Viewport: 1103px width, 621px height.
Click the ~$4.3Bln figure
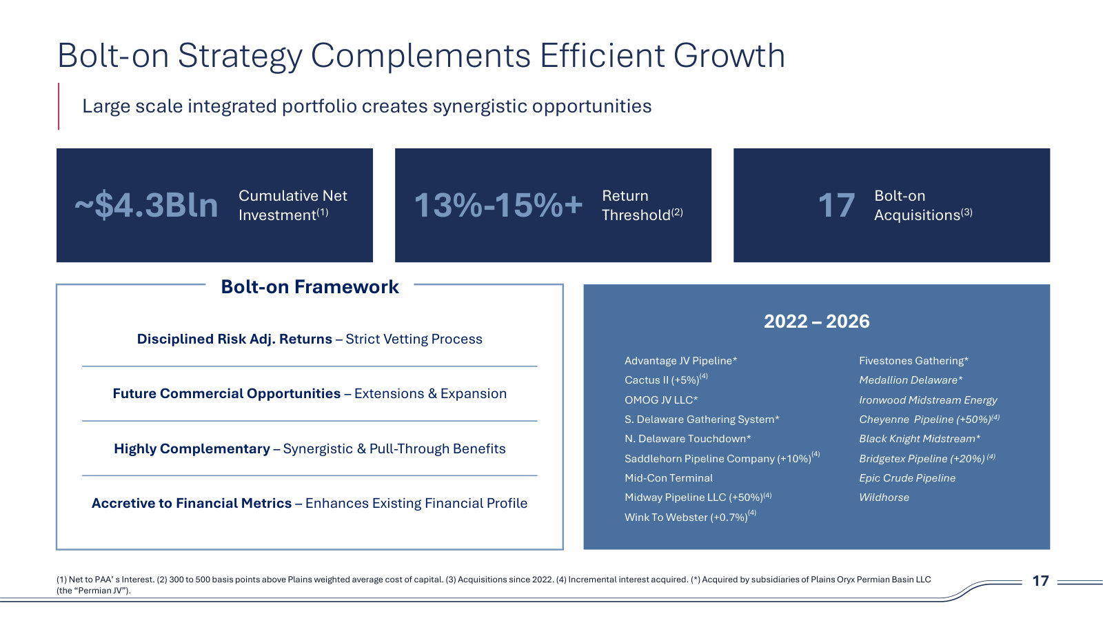pos(146,205)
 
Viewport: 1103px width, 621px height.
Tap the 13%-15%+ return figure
pos(498,205)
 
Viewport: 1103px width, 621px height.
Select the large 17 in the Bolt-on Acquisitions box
pos(836,205)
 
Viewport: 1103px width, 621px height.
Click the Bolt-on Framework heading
pos(310,287)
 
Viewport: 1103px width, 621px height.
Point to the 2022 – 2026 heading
pos(817,322)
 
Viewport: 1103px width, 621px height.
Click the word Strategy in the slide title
pos(239,57)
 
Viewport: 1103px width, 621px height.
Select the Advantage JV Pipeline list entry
pos(680,361)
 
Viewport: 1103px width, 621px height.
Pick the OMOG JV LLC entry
pos(661,400)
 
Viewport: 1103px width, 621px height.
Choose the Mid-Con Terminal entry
pos(668,477)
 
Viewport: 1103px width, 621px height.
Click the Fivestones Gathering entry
pos(913,361)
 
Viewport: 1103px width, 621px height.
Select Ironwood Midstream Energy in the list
pos(928,400)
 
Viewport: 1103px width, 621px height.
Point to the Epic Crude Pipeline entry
pos(907,478)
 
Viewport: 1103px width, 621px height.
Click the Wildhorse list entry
pos(884,497)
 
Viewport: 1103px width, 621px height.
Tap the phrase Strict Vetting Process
pos(414,339)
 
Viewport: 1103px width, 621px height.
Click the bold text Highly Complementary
pos(192,448)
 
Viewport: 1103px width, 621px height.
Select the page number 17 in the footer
pos(1040,581)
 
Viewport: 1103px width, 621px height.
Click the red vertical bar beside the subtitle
pos(59,106)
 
